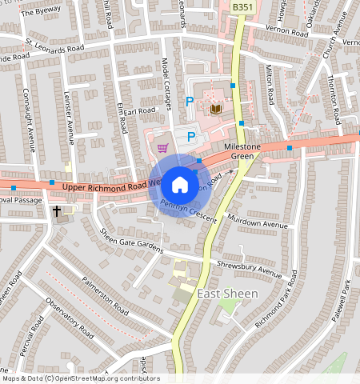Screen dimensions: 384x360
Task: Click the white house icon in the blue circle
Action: pyautogui.click(x=180, y=185)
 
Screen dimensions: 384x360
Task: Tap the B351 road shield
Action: pyautogui.click(x=242, y=6)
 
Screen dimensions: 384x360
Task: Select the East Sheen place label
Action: pyautogui.click(x=227, y=294)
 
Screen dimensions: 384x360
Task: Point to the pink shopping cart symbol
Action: pyautogui.click(x=163, y=147)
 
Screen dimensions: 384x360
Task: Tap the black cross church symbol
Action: pyautogui.click(x=57, y=212)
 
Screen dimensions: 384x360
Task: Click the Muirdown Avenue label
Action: pyautogui.click(x=258, y=225)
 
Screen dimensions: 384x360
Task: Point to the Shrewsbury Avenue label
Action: pyautogui.click(x=250, y=269)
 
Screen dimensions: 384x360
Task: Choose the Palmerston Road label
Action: pyautogui.click(x=105, y=295)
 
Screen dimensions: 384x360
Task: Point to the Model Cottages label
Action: pyautogui.click(x=167, y=85)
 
